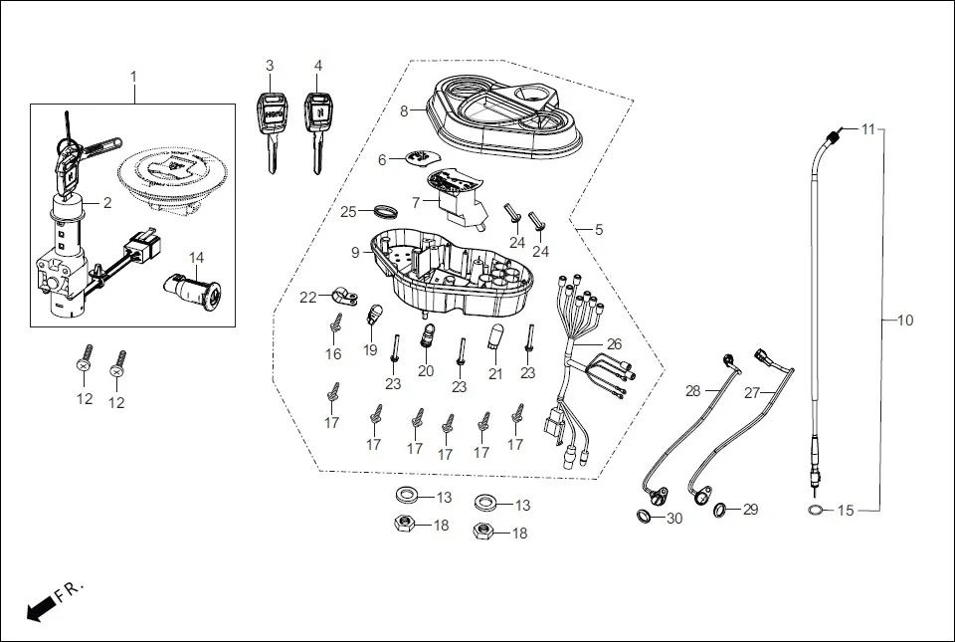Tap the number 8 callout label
404,111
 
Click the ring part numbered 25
386,211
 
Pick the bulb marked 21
495,337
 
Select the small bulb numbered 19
376,315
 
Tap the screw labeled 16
334,323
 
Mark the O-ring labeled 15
815,511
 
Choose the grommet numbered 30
645,517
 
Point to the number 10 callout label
904,321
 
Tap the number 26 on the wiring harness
615,344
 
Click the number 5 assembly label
599,230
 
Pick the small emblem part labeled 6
422,157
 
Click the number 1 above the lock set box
134,77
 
